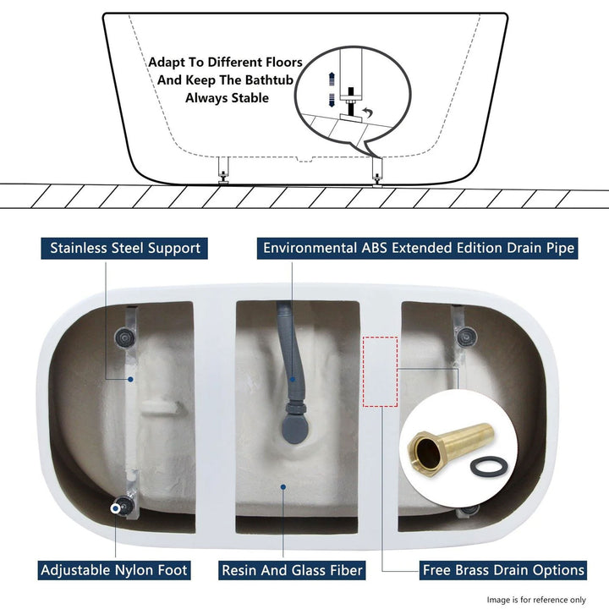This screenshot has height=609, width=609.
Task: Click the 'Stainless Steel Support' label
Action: click(125, 248)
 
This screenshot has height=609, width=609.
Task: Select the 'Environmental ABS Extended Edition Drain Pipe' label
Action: click(419, 248)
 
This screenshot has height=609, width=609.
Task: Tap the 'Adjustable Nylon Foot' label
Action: click(114, 570)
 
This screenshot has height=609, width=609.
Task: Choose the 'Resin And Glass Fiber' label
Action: click(292, 570)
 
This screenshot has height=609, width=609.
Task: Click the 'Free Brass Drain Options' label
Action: click(503, 570)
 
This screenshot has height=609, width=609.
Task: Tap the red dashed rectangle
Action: click(380, 370)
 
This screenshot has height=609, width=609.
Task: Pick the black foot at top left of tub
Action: click(125, 337)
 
